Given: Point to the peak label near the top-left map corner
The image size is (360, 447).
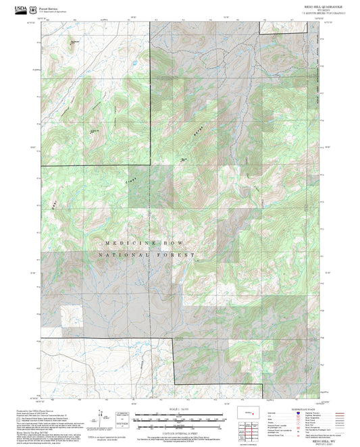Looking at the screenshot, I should [74, 43].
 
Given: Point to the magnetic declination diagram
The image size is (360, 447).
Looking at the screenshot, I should [105, 417].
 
